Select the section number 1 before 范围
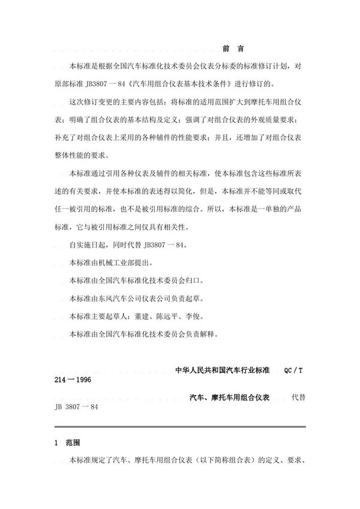(56, 442)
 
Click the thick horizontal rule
(179, 426)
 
